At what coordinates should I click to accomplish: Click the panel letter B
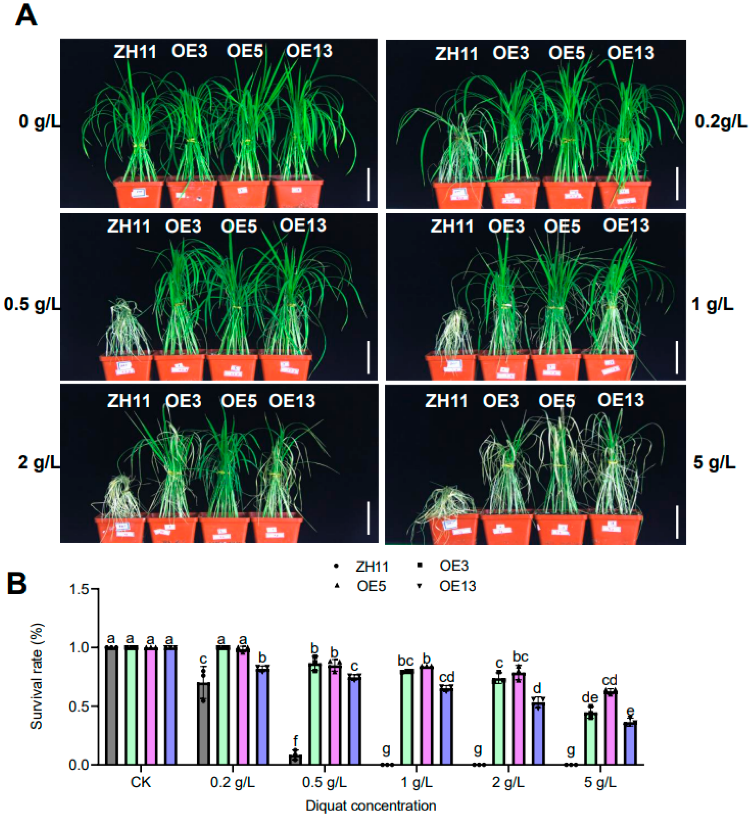(17, 584)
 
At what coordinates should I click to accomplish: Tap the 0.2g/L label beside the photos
(720, 122)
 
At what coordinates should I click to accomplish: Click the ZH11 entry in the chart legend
(371, 567)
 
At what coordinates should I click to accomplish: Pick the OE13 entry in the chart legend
(457, 586)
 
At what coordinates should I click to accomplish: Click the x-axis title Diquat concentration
(371, 805)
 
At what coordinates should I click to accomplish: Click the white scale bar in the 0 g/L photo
(368, 185)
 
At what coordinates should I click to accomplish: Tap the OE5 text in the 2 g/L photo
(239, 401)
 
